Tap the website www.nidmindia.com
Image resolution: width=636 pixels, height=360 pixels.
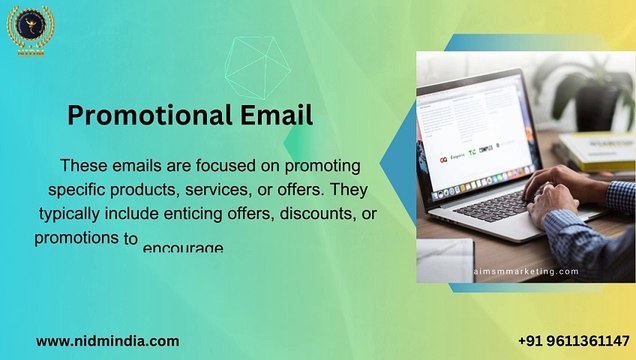coord(108,340)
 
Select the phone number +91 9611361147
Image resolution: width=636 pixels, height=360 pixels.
coord(574,340)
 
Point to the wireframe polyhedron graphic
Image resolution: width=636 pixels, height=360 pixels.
coord(250,67)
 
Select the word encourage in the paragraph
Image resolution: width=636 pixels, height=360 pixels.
coord(183,247)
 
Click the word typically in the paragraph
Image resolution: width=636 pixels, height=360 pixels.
coord(74,214)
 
